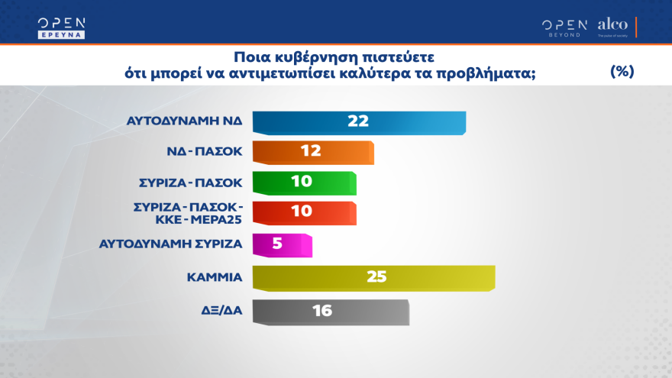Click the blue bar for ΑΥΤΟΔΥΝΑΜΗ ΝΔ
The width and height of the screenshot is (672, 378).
tap(358, 122)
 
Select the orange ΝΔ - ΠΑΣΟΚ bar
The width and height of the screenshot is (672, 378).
tap(312, 152)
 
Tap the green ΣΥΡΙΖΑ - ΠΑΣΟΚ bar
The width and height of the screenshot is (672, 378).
tap(304, 183)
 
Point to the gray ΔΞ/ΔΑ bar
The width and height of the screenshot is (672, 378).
tap(330, 311)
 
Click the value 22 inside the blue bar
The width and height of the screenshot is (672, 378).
tap(358, 121)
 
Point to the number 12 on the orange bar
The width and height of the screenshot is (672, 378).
tap(310, 151)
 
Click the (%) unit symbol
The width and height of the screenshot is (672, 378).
tap(623, 71)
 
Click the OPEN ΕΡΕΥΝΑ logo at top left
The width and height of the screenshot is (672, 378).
tap(62, 27)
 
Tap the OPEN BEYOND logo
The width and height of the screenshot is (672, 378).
tap(564, 27)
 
